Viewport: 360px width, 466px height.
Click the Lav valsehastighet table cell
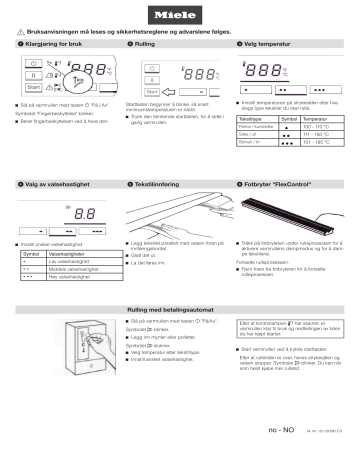(x=69, y=260)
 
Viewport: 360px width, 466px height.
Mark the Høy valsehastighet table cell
(x=69, y=277)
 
